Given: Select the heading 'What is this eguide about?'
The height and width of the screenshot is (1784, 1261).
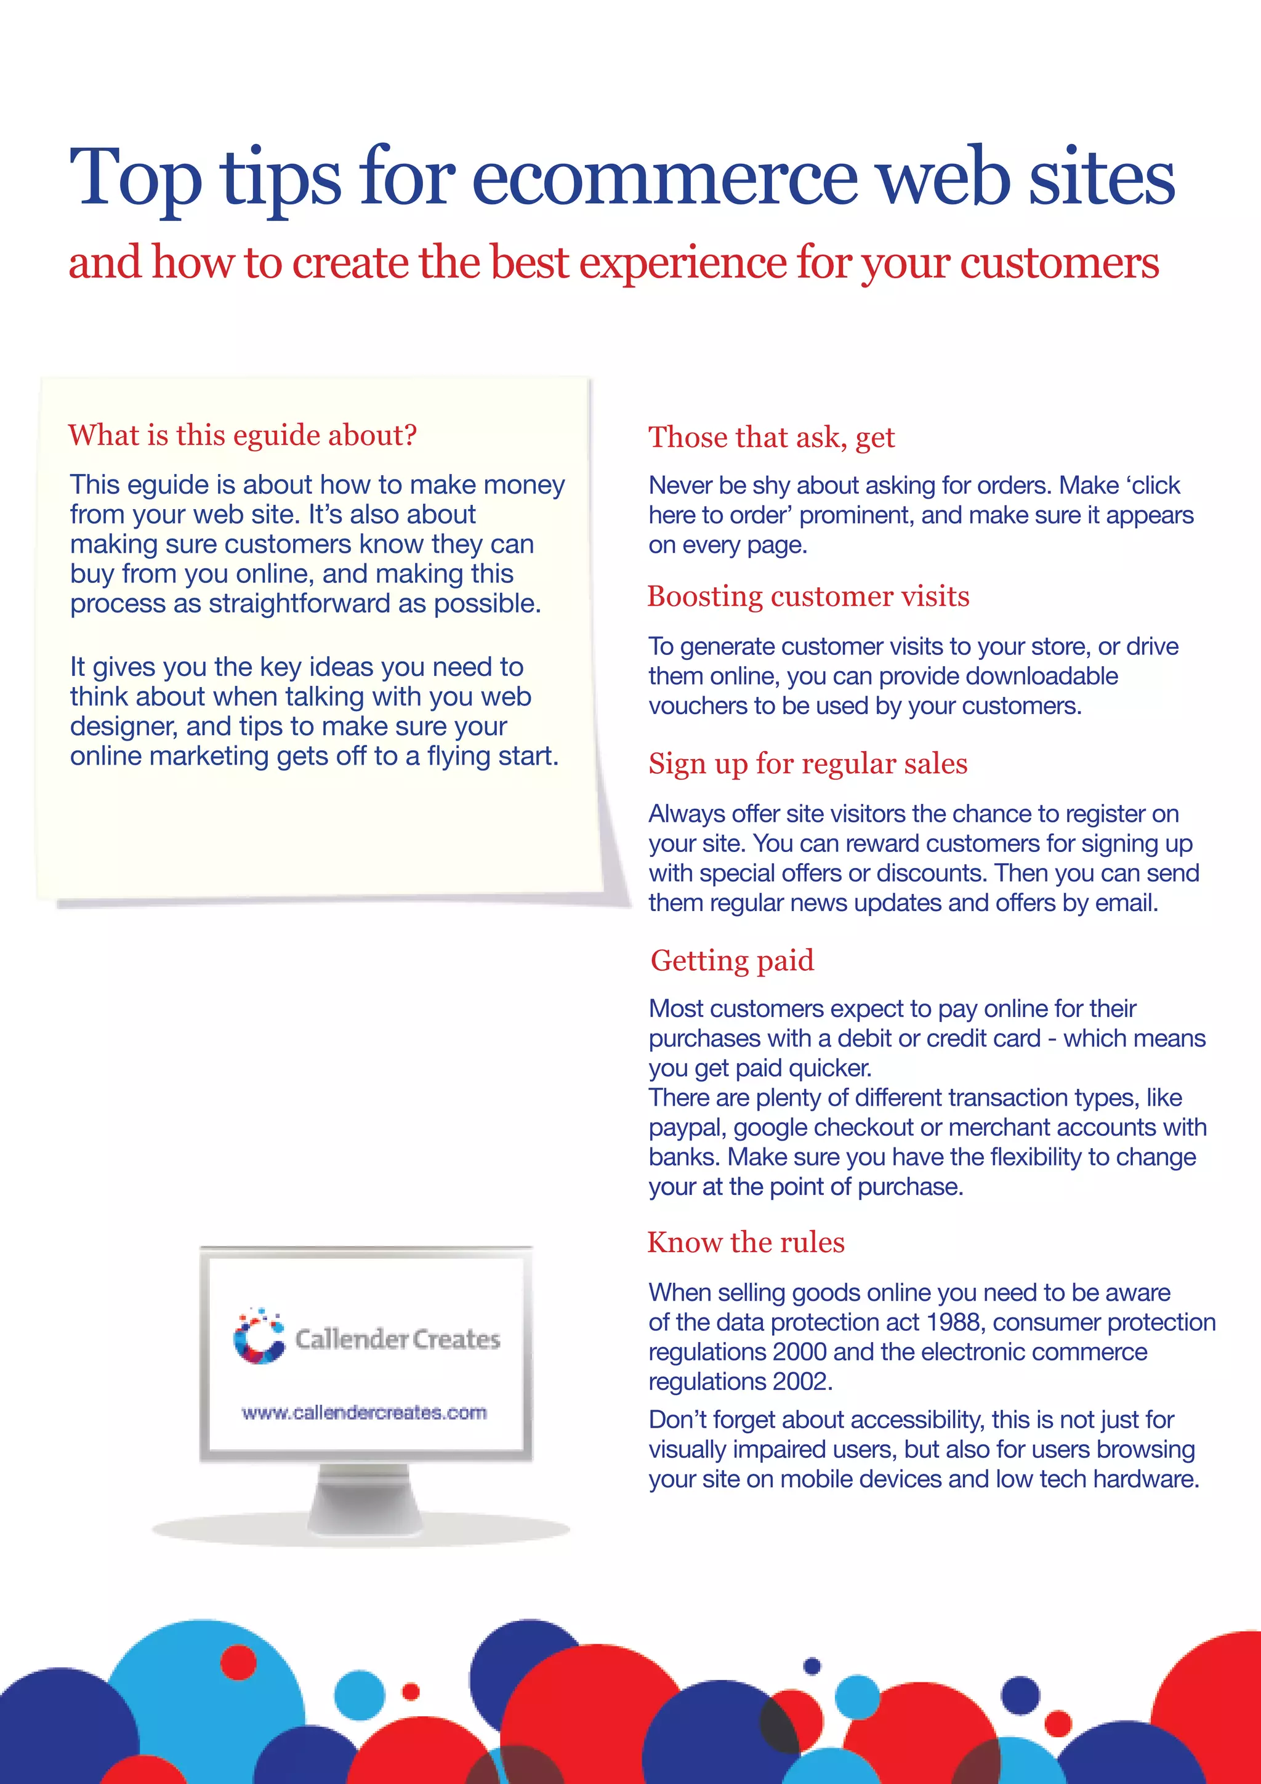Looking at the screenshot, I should [x=243, y=435].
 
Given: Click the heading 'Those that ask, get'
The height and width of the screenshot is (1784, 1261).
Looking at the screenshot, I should [x=772, y=438].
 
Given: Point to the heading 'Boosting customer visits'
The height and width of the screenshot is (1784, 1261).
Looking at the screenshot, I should [x=808, y=596].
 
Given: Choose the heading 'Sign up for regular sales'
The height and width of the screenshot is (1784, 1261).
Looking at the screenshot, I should [x=808, y=764].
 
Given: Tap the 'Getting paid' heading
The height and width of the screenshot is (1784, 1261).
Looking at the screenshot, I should [x=732, y=960].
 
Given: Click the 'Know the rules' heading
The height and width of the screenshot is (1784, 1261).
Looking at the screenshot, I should [x=746, y=1242].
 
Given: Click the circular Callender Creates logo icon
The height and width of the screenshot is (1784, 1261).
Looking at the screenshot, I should [x=259, y=1336].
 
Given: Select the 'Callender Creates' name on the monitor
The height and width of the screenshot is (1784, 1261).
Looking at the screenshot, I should [x=397, y=1339].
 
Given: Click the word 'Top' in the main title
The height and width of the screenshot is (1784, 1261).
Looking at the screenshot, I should [x=137, y=179].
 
